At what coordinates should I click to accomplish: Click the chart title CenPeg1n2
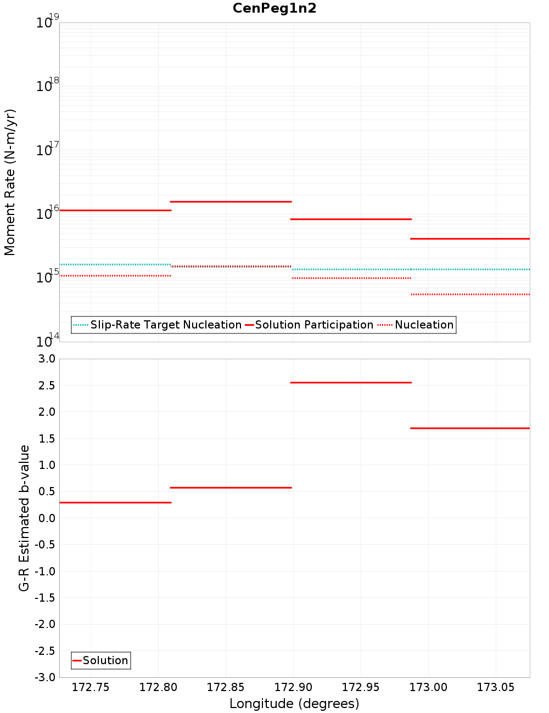tap(274, 8)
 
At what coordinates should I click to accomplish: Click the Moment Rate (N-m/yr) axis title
tap(10, 182)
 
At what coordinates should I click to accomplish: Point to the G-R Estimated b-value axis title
tap(24, 518)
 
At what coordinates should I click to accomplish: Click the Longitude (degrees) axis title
tap(294, 704)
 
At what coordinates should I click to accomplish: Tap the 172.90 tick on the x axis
tap(293, 687)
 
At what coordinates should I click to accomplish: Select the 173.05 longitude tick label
tap(496, 687)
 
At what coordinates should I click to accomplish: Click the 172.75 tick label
tap(91, 687)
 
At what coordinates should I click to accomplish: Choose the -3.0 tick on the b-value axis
tap(45, 677)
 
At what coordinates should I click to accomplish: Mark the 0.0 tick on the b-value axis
tap(46, 518)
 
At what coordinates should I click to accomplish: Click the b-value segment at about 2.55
tap(351, 382)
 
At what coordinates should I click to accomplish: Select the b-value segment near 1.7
tap(470, 428)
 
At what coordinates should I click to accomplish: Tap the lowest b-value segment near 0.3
tap(115, 502)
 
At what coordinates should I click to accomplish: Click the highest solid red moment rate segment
tap(231, 202)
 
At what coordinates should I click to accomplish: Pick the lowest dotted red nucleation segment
tap(470, 295)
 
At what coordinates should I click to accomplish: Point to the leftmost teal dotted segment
tap(115, 264)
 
